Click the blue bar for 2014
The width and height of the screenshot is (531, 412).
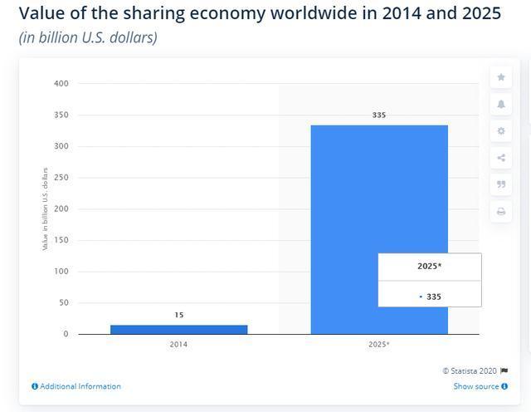pos(178,329)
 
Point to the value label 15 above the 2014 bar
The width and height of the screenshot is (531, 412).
pos(178,315)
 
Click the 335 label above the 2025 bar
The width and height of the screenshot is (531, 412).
pos(379,115)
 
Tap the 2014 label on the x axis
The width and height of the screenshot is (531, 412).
pos(178,344)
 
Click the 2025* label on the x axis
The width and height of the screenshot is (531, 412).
pos(379,344)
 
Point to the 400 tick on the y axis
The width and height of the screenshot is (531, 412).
pos(62,84)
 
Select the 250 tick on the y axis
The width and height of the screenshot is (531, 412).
pos(62,178)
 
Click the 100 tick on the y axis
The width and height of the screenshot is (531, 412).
pos(62,272)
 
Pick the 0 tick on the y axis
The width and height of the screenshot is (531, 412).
pos(66,334)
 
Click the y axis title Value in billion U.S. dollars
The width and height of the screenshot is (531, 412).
pos(45,209)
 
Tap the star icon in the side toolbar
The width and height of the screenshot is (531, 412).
pos(501,77)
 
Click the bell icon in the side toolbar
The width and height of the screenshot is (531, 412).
pos(501,104)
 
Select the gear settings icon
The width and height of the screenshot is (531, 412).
pos(501,131)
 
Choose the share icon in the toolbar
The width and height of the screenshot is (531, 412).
pos(501,158)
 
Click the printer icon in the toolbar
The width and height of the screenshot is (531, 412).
pos(501,212)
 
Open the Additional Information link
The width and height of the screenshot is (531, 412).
pos(80,386)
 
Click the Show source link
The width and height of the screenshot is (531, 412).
pos(476,386)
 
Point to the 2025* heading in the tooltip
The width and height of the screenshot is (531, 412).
pos(429,267)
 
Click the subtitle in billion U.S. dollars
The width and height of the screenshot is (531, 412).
pos(88,37)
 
